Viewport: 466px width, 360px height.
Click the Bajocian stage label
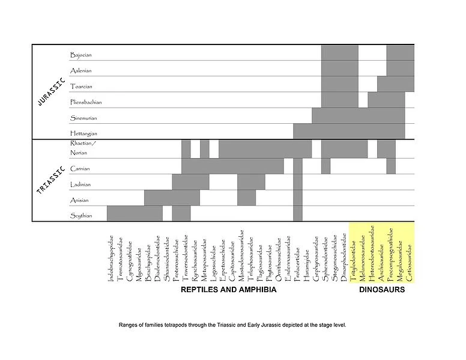(80, 55)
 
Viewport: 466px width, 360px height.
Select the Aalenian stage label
(80, 71)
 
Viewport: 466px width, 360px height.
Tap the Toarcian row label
(80, 87)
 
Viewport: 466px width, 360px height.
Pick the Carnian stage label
(80, 169)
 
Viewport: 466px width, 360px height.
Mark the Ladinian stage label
(80, 185)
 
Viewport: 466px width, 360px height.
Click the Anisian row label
(80, 200)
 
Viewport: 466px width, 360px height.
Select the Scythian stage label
(81, 216)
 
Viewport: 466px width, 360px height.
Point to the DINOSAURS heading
(382, 290)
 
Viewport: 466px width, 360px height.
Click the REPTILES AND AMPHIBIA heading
(229, 290)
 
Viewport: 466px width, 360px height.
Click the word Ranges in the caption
(130, 325)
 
